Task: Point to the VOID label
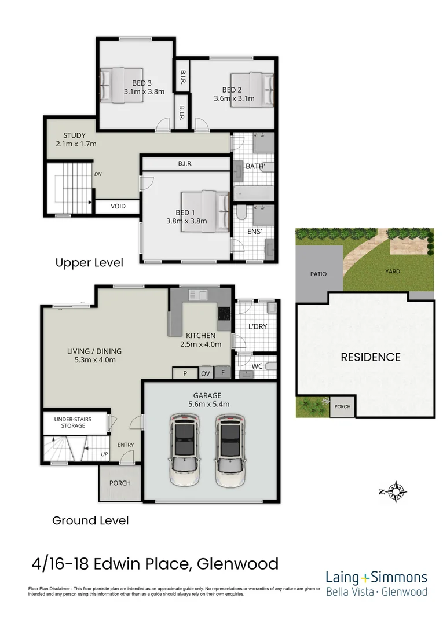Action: point(118,206)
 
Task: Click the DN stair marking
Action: point(98,174)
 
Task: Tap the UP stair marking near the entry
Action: point(104,454)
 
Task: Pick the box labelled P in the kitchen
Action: point(185,374)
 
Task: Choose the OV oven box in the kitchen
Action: point(205,374)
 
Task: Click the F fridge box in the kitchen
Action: point(222,374)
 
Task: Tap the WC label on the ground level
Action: point(258,366)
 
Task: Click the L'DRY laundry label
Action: point(258,326)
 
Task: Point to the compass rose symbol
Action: point(397,491)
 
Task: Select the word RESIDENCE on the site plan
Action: point(370,357)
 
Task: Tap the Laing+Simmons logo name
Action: point(376,577)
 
